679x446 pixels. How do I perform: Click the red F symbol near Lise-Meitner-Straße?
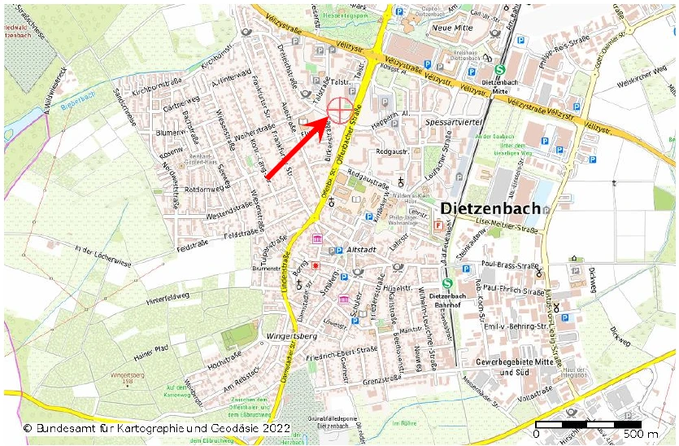(x=439, y=225)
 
